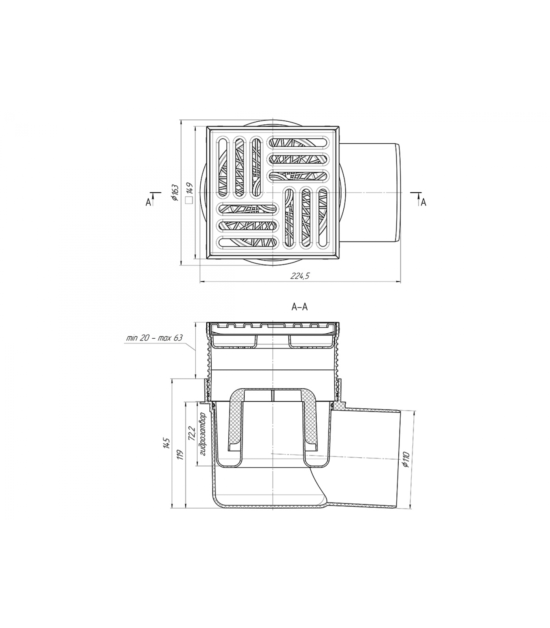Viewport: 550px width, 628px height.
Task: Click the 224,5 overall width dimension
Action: (300, 276)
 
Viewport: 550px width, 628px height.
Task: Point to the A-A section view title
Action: (299, 307)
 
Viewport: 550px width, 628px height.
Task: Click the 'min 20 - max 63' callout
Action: (154, 338)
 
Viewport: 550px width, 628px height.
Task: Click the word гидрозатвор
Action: (203, 434)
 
